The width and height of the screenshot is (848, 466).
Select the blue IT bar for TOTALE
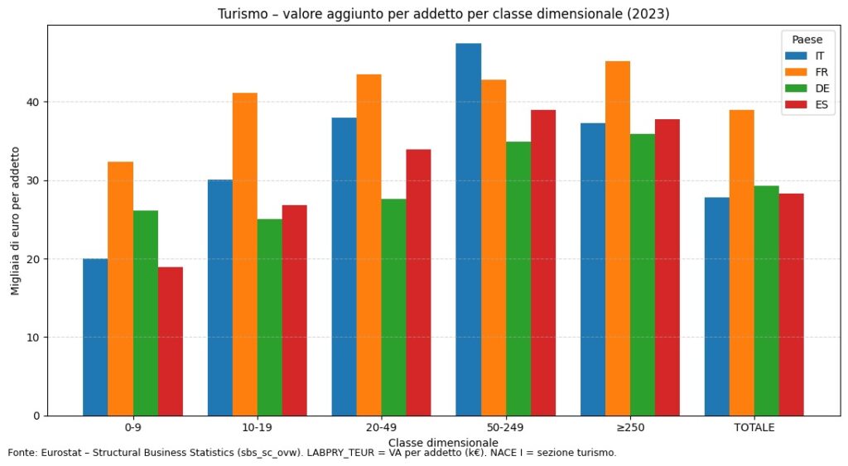tap(717, 306)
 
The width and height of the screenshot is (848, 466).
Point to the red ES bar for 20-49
tap(419, 282)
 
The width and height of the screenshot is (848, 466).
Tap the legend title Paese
tap(807, 40)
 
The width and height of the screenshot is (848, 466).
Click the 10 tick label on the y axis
tap(34, 338)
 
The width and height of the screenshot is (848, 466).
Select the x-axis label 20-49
tap(381, 428)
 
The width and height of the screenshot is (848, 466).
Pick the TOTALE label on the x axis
tap(754, 428)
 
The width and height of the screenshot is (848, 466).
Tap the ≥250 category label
tap(629, 428)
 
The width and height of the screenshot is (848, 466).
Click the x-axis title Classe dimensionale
tap(443, 443)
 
